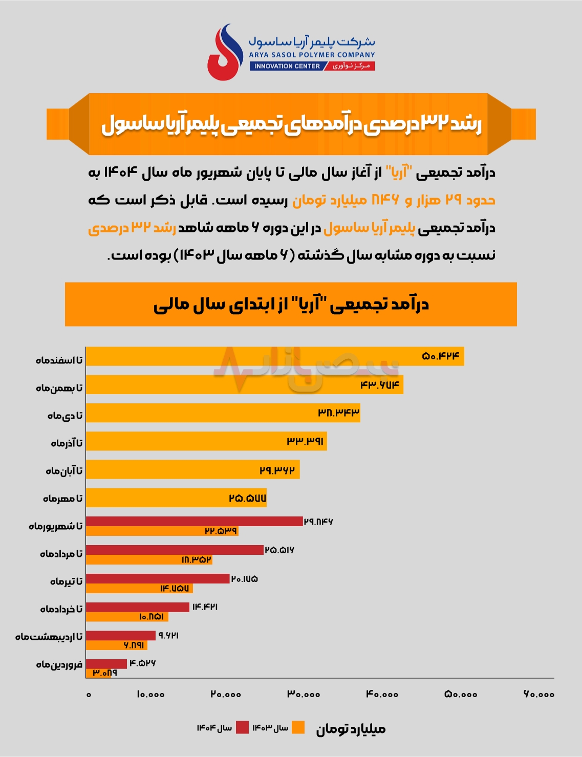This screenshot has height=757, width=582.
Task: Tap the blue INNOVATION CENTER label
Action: pos(287,66)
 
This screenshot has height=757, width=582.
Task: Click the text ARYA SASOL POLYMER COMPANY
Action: pos(312,55)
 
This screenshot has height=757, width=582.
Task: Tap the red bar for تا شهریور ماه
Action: pos(195,521)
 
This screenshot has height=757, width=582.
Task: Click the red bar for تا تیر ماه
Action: pos(158,578)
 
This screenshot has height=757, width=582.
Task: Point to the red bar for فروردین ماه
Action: pos(106,664)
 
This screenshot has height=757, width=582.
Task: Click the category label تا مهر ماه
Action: pos(62,499)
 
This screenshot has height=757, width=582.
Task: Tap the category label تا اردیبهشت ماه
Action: pos(49,637)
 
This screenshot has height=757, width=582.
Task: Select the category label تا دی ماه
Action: pos(65,416)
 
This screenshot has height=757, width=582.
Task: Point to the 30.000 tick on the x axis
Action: pos(304,695)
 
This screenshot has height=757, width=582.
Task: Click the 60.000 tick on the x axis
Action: pos(538,695)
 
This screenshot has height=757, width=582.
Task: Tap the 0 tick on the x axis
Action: pos(89,695)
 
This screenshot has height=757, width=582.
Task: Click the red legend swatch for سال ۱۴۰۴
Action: pos(242,728)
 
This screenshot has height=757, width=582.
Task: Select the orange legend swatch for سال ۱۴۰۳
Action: pos(298,728)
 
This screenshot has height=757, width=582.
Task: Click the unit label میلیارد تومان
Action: pos(351,729)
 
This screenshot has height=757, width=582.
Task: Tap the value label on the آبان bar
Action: pos(277,470)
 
